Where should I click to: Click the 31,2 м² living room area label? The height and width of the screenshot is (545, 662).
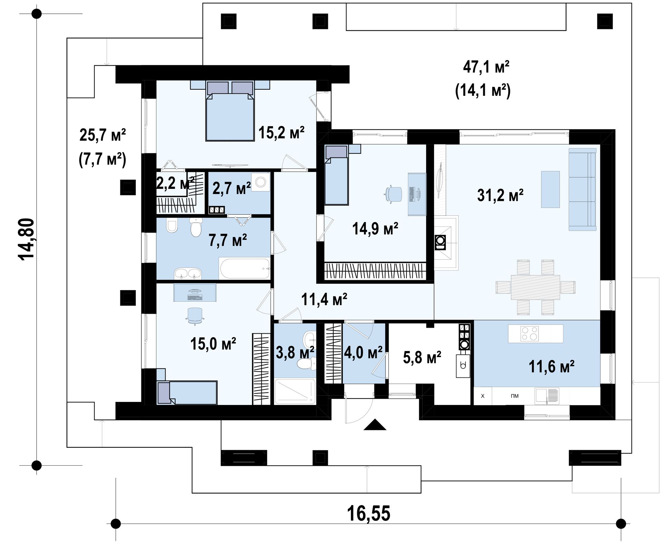pyautogui.click(x=500, y=195)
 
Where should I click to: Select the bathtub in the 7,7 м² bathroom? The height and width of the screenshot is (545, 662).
pyautogui.click(x=244, y=269)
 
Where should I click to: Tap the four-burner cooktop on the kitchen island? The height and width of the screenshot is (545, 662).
pyautogui.click(x=530, y=333)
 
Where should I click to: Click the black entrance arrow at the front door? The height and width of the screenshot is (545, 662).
pyautogui.click(x=375, y=425)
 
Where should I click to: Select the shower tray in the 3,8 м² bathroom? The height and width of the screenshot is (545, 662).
pyautogui.click(x=295, y=391)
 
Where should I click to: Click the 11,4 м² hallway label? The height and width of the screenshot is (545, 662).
pyautogui.click(x=324, y=300)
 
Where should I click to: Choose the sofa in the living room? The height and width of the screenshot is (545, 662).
pyautogui.click(x=582, y=189)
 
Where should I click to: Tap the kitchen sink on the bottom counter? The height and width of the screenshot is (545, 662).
pyautogui.click(x=547, y=396)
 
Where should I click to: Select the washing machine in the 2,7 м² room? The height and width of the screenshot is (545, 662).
pyautogui.click(x=261, y=182)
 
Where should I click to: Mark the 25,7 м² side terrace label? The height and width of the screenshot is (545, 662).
pyautogui.click(x=103, y=135)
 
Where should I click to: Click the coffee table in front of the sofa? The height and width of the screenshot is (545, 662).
pyautogui.click(x=550, y=189)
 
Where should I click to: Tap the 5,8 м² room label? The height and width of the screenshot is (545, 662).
pyautogui.click(x=422, y=357)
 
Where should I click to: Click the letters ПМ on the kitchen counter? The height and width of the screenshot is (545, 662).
pyautogui.click(x=514, y=396)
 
